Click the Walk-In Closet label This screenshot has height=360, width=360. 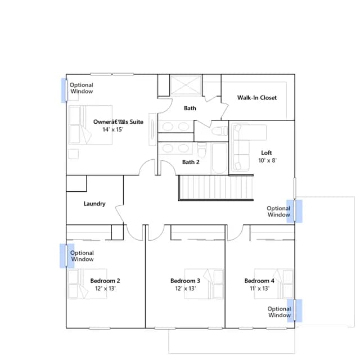pyautogui.click(x=257, y=97)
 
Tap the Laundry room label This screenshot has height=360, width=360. pyautogui.click(x=94, y=204)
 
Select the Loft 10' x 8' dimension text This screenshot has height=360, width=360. pyautogui.click(x=268, y=160)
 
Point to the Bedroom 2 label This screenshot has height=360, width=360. pyautogui.click(x=105, y=281)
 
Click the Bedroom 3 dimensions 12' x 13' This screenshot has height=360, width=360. pyautogui.click(x=185, y=289)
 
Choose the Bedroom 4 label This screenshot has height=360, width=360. pyautogui.click(x=259, y=281)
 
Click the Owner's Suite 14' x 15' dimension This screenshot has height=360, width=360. pyautogui.click(x=112, y=129)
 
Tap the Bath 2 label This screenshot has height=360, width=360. pyautogui.click(x=191, y=162)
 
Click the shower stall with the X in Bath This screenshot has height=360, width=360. pyautogui.click(x=186, y=85)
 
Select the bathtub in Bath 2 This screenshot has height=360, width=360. pyautogui.click(x=219, y=159)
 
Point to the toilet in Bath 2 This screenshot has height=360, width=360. pyautogui.click(x=201, y=150)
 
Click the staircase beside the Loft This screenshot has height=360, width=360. pyautogui.click(x=216, y=187)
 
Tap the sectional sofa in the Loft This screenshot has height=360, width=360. pyautogui.click(x=241, y=147)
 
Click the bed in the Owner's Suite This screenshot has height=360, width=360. pyautogui.click(x=90, y=125)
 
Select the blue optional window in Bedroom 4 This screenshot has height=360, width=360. pyautogui.click(x=295, y=310)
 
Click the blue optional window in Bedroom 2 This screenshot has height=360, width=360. pyautogui.click(x=67, y=256)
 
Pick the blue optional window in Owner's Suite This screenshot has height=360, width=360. pyautogui.click(x=65, y=90)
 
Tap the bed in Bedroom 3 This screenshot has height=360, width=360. pyautogui.click(x=204, y=283)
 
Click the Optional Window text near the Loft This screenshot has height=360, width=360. pyautogui.click(x=278, y=211)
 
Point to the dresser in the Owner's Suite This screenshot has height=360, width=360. pyautogui.click(x=152, y=129)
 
